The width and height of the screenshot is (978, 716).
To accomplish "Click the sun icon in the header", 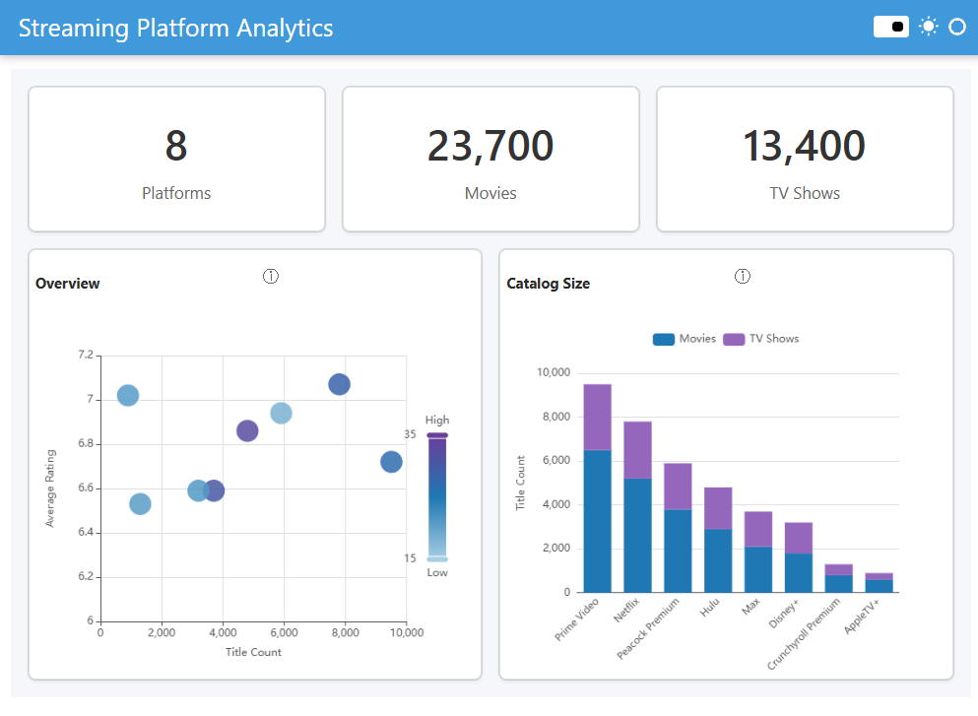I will tap(928, 27).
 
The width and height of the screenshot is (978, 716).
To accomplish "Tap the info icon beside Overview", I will tap(271, 277).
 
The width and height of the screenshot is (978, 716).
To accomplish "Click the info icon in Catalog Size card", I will tap(743, 277).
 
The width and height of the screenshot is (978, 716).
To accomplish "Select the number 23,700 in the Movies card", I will tap(489, 146).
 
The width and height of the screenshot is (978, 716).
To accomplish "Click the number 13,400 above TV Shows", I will tap(804, 146).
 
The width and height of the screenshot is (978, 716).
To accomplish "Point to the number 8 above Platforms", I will tap(175, 146).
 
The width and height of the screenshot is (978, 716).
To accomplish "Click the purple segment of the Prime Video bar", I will tap(597, 417).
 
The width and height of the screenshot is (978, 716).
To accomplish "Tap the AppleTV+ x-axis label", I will tap(862, 616).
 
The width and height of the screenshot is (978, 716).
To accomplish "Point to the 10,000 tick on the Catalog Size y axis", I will tap(553, 373).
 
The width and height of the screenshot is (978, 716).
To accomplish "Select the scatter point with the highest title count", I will tap(391, 462).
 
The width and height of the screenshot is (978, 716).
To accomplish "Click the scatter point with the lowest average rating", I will tap(140, 504).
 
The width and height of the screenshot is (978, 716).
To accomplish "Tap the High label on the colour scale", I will tap(437, 421).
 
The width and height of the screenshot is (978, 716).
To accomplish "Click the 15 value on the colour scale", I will tap(410, 558).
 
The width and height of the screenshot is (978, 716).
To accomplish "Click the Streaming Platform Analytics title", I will tap(175, 28).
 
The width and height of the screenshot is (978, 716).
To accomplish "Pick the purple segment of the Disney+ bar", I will tap(798, 538).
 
